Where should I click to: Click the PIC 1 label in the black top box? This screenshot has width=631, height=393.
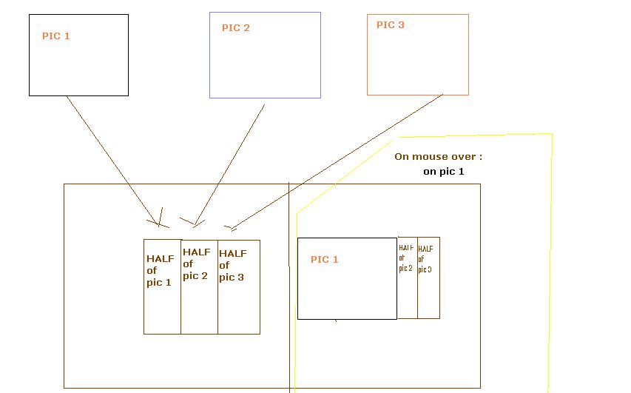(57, 36)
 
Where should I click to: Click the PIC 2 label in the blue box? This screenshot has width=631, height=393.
(236, 28)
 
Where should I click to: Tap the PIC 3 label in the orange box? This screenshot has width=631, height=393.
(391, 25)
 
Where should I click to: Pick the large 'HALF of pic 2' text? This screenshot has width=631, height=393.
(197, 264)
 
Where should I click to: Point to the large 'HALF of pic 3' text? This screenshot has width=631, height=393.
(232, 265)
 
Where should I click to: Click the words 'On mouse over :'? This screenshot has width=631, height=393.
(439, 157)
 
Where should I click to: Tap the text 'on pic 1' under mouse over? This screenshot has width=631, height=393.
(444, 171)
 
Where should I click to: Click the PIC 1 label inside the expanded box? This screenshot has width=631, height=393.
(325, 259)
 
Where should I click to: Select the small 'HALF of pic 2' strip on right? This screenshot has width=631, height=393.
(406, 258)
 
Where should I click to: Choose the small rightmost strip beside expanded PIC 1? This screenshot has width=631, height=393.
(427, 259)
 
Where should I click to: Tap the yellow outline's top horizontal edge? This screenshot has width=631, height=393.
(473, 135)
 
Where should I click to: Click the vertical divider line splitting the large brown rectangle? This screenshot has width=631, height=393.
(288, 296)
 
